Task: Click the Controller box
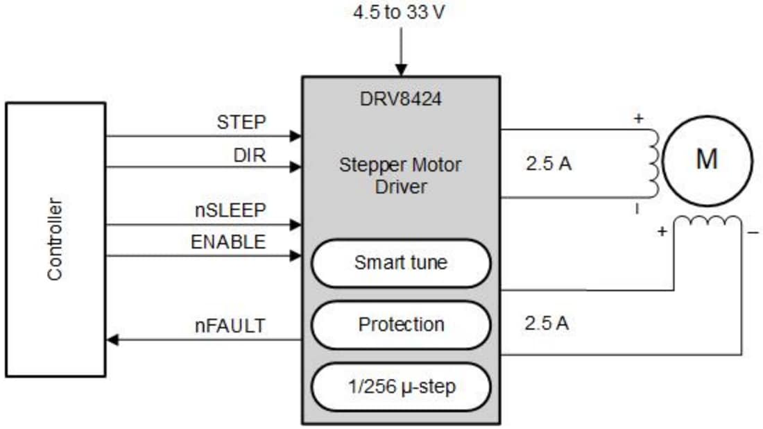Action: coord(55,239)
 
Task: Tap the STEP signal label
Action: coord(241,122)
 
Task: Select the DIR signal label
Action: coord(250,155)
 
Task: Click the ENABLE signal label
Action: coord(228,242)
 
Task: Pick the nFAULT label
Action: coord(230,325)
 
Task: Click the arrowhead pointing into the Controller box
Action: coord(112,340)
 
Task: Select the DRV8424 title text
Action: coord(401,99)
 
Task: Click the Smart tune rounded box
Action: coord(401,263)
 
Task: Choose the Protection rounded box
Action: coord(401,324)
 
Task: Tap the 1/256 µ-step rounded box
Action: coord(401,386)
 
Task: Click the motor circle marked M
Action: coord(707,160)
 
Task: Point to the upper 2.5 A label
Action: coord(548,165)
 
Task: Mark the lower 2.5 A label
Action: coord(547,323)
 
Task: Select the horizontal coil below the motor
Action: coord(707,222)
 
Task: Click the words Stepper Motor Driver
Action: coord(400,176)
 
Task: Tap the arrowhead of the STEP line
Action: coord(296,136)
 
